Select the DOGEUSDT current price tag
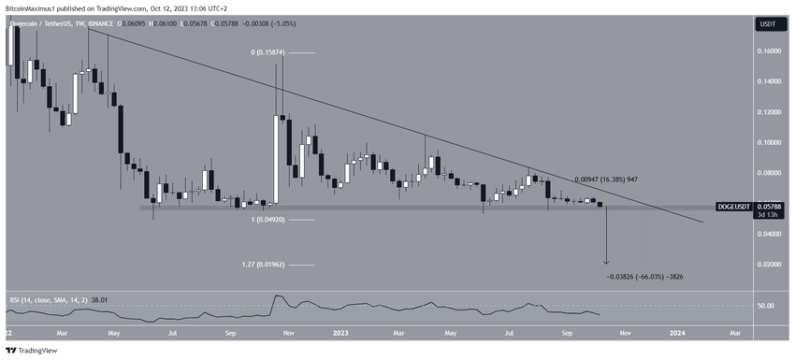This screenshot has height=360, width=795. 765,205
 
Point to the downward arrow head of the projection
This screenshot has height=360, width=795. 607,263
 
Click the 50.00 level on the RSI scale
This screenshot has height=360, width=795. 765,306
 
